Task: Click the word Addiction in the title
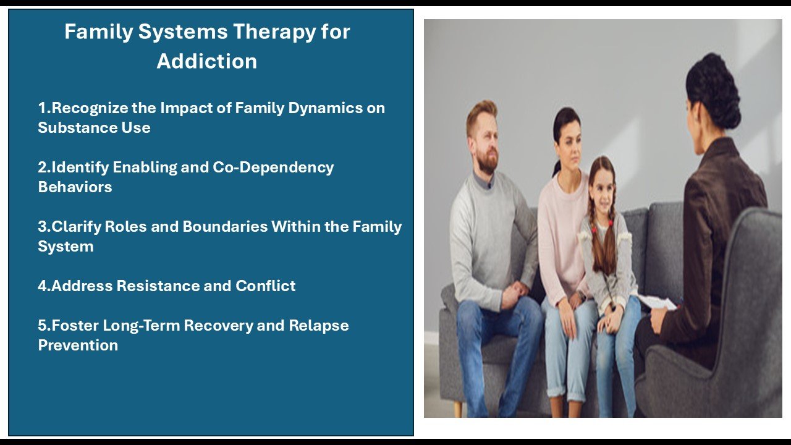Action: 207,61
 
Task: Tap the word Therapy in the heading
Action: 274,32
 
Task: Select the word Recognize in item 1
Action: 90,108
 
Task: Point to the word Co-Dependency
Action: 273,167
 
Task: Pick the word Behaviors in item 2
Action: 75,187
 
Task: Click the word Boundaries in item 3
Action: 225,226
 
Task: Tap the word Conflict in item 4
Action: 266,286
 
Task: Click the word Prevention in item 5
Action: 78,345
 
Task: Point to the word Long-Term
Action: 142,326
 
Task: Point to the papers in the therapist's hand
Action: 658,302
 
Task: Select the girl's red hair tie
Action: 611,223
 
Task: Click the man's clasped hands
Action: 515,294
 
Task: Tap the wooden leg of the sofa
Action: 458,409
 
